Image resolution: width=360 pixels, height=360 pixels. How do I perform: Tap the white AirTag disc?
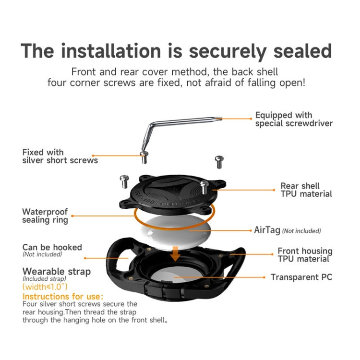[x=175, y=232]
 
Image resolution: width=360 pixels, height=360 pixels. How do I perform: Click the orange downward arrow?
[x=175, y=254]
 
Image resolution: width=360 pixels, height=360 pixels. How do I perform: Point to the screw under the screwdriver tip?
[x=144, y=157]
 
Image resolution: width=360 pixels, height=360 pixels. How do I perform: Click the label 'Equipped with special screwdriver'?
[x=294, y=119]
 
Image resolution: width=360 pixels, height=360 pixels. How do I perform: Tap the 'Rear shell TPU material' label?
[x=306, y=190]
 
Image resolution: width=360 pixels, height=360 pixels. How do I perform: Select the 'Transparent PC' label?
[x=301, y=277]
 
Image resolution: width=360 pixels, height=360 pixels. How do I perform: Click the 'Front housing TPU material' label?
[x=305, y=255]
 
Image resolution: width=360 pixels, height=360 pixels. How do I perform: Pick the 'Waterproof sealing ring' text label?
[x=45, y=216]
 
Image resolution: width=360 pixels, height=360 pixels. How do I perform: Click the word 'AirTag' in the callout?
[x=267, y=230]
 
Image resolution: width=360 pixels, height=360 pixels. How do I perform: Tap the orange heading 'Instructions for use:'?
[x=63, y=297]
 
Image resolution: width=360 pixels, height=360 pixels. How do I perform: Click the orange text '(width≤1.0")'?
[x=45, y=287]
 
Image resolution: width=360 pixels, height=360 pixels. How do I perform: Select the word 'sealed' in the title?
[x=302, y=51]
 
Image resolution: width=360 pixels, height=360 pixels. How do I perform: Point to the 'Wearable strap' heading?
[x=57, y=272]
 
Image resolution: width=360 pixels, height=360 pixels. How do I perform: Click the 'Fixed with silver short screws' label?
[x=60, y=156]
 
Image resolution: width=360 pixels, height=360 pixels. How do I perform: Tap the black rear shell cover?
[x=173, y=195]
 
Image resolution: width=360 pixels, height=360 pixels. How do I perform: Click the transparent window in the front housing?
[x=174, y=275]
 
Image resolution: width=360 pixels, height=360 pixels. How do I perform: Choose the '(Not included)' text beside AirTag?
[x=301, y=231]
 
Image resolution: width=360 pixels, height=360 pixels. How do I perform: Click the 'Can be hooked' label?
[x=52, y=247]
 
